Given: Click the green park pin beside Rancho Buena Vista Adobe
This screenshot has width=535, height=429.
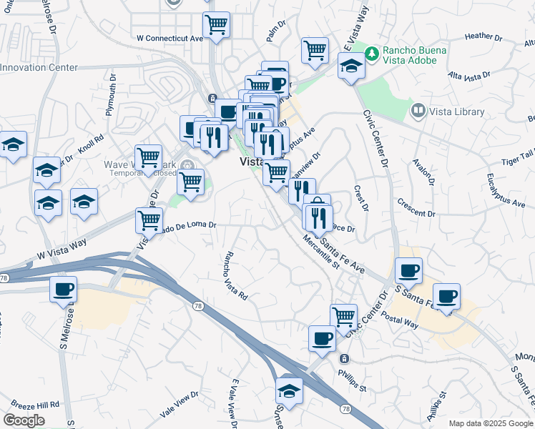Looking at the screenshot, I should [x=372, y=53].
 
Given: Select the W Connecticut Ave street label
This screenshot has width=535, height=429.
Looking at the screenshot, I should [x=170, y=37].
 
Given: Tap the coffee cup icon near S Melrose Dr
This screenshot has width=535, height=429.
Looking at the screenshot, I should [x=63, y=289].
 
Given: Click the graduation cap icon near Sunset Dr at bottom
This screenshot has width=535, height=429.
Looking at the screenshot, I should [x=289, y=390].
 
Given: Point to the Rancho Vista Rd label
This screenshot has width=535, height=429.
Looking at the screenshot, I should [x=235, y=275].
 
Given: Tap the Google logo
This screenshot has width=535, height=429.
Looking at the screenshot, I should [x=24, y=420].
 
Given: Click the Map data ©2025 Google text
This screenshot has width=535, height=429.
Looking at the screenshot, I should [x=489, y=423].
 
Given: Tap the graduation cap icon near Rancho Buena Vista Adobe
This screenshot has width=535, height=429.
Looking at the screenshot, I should [x=351, y=66].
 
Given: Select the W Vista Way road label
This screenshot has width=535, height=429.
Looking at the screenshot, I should [x=62, y=248].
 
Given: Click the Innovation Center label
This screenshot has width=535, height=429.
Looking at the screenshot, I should [x=39, y=68].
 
